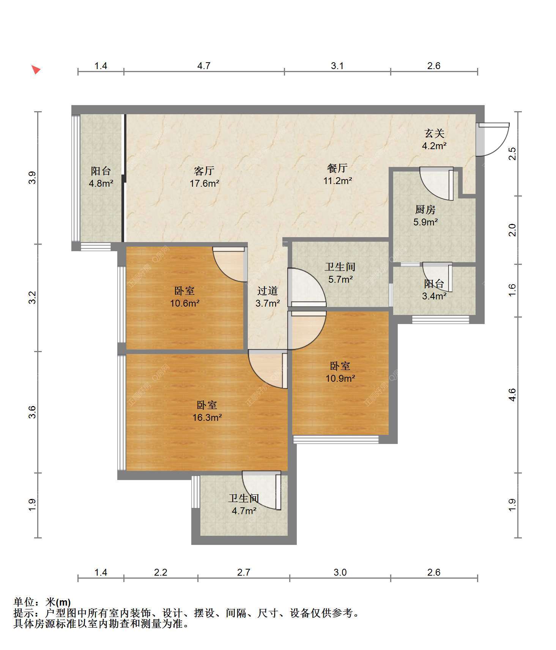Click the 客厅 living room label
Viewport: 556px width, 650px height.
(204, 171)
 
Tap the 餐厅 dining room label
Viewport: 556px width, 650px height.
(337, 168)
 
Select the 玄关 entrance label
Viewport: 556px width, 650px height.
(434, 134)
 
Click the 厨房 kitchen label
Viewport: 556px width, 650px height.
(425, 209)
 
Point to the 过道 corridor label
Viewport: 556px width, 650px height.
(268, 291)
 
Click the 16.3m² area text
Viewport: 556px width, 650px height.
(207, 418)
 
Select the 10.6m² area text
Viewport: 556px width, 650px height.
(185, 304)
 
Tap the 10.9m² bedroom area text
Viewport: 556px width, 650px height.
(340, 378)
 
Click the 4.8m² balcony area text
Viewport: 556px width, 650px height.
(101, 184)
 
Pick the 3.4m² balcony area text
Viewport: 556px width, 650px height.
(434, 296)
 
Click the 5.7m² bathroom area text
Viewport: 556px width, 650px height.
(340, 280)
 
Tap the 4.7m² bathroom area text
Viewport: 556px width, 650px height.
(244, 511)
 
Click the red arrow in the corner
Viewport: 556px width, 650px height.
(36, 70)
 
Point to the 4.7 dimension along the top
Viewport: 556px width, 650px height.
(204, 66)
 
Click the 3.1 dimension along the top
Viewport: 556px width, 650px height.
(337, 66)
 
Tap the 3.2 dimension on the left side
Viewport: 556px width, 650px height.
(33, 297)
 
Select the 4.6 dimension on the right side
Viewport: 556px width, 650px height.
(512, 395)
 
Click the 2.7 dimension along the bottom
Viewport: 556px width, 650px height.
(244, 572)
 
